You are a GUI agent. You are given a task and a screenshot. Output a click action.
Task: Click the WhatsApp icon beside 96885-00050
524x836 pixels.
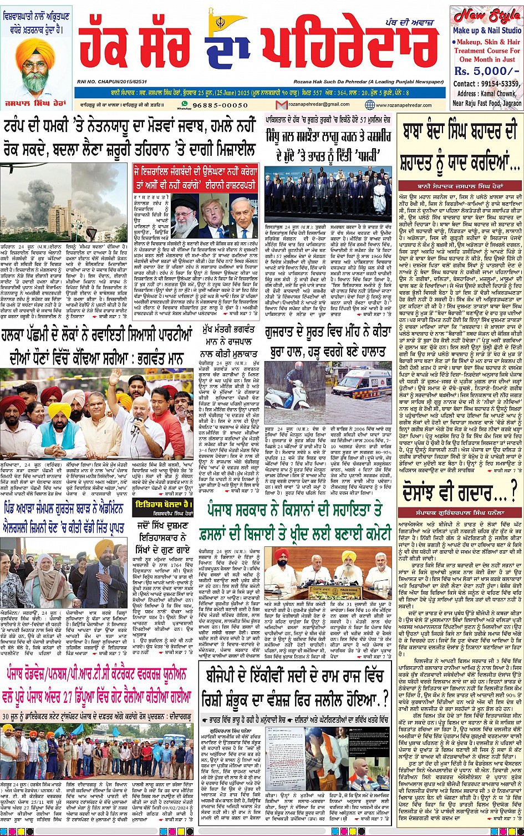pyautogui.click(x=185, y=104)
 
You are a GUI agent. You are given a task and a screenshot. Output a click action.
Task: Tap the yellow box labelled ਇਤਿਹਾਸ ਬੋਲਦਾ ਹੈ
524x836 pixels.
pyautogui.click(x=165, y=504)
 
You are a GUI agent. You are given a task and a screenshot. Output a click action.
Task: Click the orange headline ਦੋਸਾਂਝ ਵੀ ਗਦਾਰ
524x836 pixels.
pyautogui.click(x=455, y=490)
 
